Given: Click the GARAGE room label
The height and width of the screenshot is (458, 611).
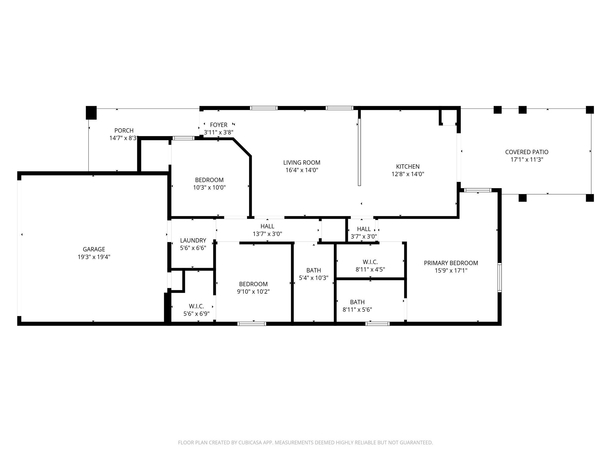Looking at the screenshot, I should [x=94, y=249].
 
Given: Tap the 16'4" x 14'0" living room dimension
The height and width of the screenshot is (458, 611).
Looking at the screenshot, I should [x=302, y=170].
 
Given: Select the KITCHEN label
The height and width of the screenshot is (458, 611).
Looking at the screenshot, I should [x=408, y=167].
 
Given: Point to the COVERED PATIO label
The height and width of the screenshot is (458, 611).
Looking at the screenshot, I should [x=527, y=152].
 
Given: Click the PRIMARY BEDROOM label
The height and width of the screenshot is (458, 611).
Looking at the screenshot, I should [x=451, y=263].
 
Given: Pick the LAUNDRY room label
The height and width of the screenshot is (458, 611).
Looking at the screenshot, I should [x=193, y=240].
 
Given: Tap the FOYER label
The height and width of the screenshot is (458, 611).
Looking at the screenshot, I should [x=218, y=125].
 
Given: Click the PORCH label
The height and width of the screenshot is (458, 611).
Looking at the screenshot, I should [x=124, y=131].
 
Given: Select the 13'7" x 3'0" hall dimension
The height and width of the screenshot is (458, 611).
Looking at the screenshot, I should [x=267, y=234].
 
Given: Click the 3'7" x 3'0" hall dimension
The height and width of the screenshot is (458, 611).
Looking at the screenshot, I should [x=364, y=237].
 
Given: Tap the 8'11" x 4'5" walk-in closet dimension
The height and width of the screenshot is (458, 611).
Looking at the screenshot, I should [x=370, y=270].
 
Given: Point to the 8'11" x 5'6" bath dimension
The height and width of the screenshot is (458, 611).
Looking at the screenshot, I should [x=357, y=310].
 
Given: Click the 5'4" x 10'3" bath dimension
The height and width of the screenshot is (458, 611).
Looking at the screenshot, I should [x=314, y=278].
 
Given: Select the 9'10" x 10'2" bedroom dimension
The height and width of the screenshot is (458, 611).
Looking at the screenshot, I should [x=253, y=292].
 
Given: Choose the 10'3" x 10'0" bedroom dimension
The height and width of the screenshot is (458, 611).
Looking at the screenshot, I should [x=209, y=188].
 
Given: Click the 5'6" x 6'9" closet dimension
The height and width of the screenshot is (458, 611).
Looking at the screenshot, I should [x=196, y=314].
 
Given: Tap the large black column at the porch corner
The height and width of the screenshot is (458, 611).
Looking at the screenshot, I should [x=91, y=113].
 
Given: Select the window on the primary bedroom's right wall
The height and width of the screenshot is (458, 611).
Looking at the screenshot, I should [x=499, y=277].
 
